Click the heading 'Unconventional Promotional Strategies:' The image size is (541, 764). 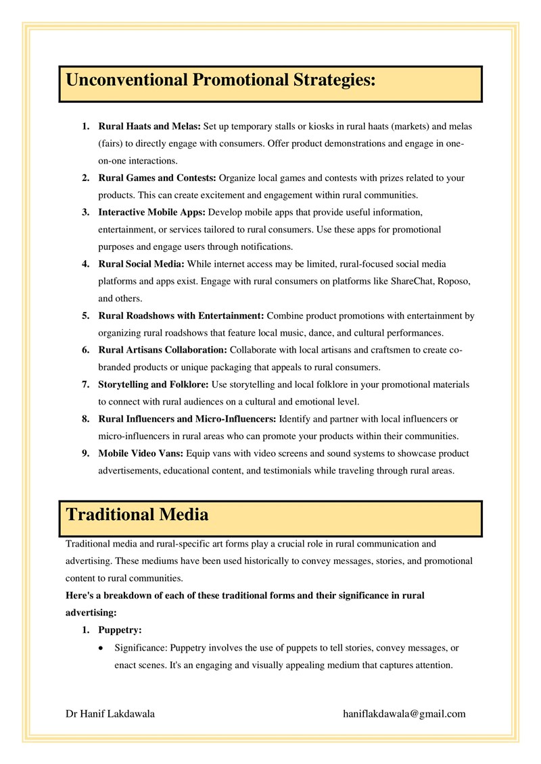220,81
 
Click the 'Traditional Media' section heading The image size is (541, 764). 137,515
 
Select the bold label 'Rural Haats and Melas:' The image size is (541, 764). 149,126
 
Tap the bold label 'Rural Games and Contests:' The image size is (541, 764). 157,178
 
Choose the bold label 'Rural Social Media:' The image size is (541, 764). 141,263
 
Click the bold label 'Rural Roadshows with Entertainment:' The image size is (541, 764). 182,315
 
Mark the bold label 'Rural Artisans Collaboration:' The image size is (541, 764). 163,350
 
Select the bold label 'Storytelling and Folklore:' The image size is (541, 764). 154,384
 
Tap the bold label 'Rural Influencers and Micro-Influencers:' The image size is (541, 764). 187,419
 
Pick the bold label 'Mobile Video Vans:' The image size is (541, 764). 141,453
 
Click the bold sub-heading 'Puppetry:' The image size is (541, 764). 120,630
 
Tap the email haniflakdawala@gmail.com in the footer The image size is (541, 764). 404,714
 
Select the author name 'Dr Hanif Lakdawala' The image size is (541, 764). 110,714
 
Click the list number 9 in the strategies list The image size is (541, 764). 86,453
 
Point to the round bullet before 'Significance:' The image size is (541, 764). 101,648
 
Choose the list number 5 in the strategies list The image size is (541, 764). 86,315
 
